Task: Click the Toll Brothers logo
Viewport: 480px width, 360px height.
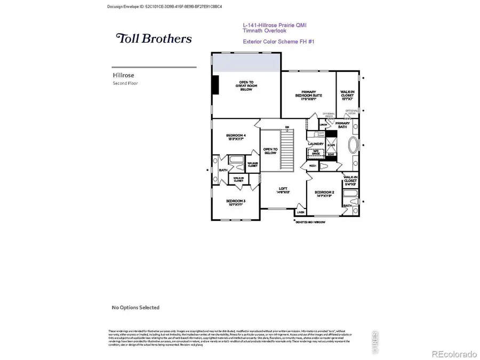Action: pos(154,38)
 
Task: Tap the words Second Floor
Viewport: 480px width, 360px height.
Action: pos(125,83)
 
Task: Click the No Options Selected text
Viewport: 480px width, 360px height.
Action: pos(135,307)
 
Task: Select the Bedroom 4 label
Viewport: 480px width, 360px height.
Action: pos(236,138)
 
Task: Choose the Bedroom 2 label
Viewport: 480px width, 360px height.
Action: pos(323,194)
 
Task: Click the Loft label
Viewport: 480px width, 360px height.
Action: pos(283,190)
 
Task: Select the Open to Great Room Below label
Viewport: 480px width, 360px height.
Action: pos(246,86)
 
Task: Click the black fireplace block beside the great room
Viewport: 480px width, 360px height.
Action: pos(215,85)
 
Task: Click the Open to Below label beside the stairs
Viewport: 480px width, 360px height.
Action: pos(270,151)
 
